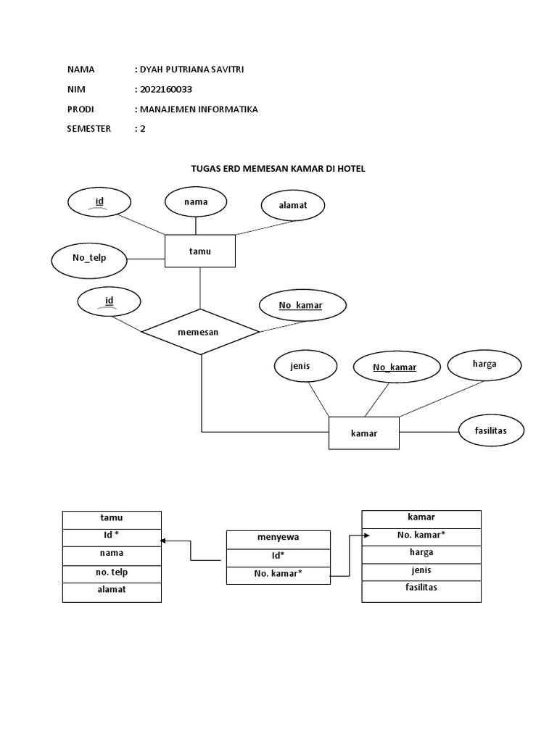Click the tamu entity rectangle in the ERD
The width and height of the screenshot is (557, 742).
199,251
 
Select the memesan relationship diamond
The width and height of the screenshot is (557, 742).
200,332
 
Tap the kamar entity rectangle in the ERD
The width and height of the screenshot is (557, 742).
364,433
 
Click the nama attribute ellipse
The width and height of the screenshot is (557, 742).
196,202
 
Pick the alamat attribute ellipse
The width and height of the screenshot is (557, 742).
292,205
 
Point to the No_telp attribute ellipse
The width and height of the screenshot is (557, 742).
88,257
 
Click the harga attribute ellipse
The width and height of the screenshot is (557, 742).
484,364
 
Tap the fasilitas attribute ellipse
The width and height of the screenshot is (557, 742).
491,430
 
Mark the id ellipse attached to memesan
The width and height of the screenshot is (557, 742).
110,301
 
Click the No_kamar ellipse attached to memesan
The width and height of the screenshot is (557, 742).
300,306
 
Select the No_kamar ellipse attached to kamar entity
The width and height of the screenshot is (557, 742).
395,367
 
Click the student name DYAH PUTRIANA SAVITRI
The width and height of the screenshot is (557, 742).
189,70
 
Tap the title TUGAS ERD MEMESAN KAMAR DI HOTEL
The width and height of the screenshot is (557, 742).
278,168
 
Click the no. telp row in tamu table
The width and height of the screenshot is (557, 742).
112,573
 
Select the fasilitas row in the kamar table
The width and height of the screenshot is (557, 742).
421,588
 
